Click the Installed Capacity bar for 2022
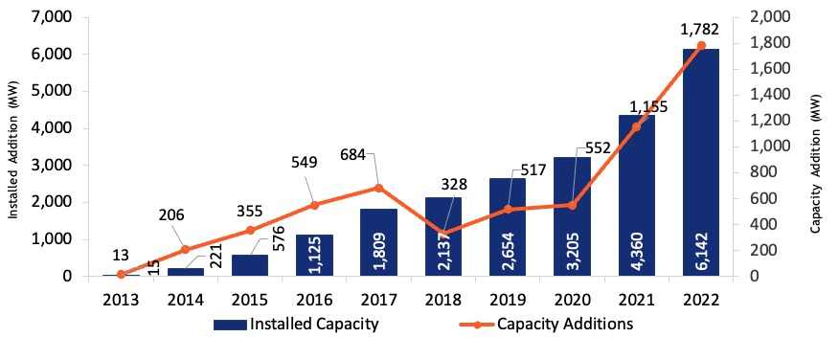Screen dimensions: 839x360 point(701,163)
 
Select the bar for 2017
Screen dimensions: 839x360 point(379,243)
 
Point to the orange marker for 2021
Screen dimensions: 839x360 point(636,126)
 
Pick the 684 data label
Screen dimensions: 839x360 point(352,155)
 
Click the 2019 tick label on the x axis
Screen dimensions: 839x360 point(508,299)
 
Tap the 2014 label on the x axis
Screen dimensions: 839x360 point(186,299)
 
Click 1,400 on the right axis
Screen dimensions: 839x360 point(765,95)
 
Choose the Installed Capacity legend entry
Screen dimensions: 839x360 point(296,325)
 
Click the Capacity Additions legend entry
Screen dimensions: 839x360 point(546,325)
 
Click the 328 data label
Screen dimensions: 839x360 point(455,185)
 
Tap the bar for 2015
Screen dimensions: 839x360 point(250,266)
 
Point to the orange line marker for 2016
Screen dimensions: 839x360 point(314,205)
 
